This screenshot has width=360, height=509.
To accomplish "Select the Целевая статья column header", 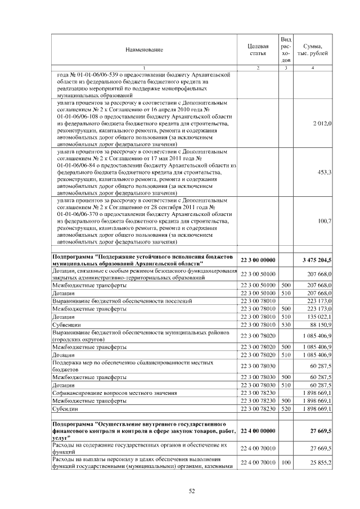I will (258, 49).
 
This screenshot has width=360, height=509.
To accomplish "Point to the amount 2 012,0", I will (322, 123).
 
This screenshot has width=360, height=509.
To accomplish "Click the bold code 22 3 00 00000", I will (258, 259).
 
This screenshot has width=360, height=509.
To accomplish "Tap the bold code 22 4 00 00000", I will (258, 430).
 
